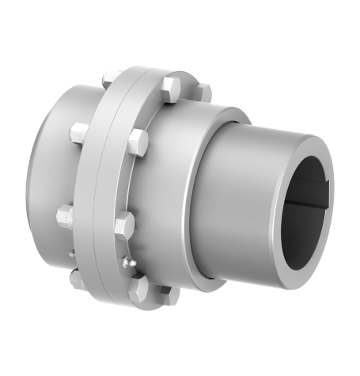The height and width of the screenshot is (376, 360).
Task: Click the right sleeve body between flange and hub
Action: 190,190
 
